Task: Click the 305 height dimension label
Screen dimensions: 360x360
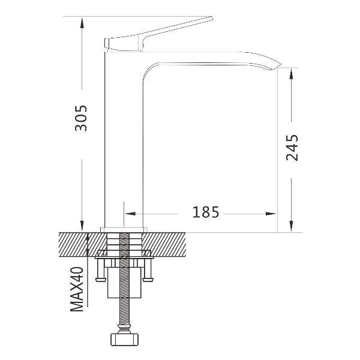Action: [81, 118]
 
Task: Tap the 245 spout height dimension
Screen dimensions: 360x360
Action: [292, 148]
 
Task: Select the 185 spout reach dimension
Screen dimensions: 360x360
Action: [205, 212]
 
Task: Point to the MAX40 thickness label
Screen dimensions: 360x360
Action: [77, 289]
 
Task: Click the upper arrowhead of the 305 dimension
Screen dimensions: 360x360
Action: [82, 22]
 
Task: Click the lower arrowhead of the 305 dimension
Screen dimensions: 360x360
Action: [82, 226]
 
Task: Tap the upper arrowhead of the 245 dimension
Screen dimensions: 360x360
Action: [292, 74]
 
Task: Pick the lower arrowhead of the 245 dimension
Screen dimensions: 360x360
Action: [292, 226]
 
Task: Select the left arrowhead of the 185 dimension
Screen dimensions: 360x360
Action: [130, 214]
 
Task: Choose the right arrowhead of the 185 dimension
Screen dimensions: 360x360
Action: [271, 214]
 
